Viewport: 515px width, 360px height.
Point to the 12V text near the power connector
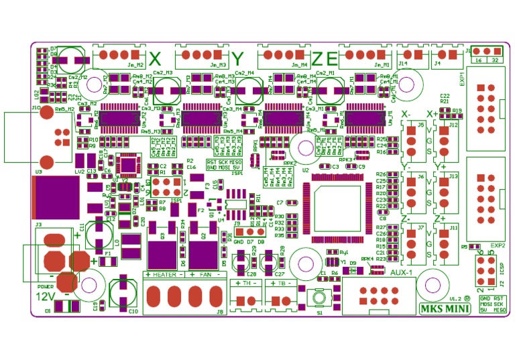pos(46,296)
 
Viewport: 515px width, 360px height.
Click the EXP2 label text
pos(497,245)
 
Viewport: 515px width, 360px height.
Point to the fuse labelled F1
pos(109,261)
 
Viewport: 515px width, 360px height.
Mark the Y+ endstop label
pos(441,166)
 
